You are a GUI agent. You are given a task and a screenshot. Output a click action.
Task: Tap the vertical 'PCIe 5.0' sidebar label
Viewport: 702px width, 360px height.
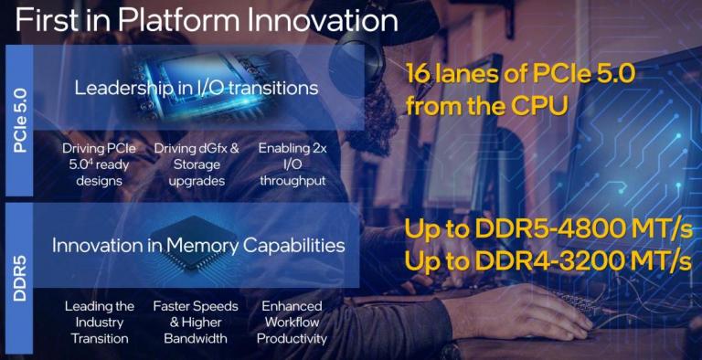[x=22, y=119]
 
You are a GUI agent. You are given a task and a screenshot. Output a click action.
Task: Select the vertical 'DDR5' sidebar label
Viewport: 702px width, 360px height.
[x=22, y=273]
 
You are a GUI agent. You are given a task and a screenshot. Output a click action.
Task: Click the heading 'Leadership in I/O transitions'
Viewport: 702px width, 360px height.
[x=197, y=89]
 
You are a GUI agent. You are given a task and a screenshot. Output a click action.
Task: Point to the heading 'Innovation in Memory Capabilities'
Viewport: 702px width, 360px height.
[x=198, y=245]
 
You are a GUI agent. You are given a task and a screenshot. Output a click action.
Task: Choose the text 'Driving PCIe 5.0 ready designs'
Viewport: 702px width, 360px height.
[x=100, y=164]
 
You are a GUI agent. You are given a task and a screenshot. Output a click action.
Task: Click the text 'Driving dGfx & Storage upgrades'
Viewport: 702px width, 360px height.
[x=197, y=164]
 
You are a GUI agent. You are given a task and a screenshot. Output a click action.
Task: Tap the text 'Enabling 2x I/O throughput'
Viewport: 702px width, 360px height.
[x=292, y=164]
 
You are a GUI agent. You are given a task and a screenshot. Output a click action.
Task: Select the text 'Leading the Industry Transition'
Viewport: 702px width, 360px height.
[x=100, y=322]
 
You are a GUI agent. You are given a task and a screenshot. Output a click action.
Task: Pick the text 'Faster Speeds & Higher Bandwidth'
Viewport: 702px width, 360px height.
[x=197, y=322]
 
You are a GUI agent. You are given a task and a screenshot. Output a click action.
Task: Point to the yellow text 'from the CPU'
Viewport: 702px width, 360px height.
[x=486, y=107]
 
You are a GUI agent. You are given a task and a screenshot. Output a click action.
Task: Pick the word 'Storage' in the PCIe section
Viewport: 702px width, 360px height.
[x=197, y=164]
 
